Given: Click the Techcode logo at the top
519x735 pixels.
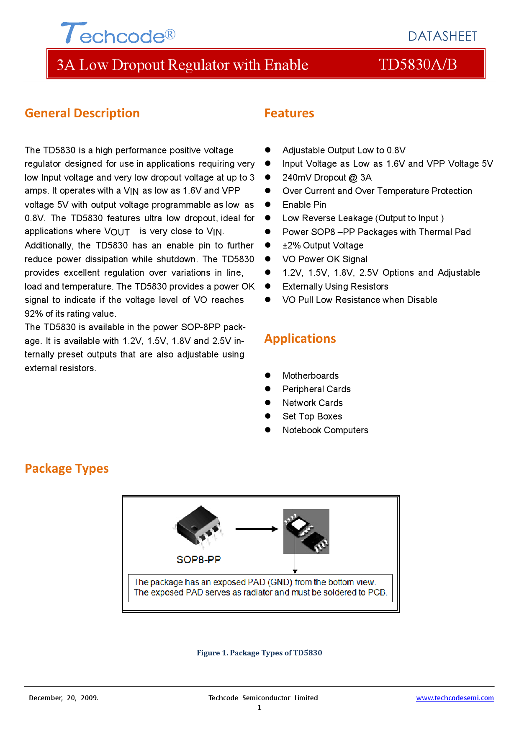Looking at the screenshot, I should pyautogui.click(x=118, y=34).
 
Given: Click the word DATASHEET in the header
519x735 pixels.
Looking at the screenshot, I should pyautogui.click(x=442, y=36).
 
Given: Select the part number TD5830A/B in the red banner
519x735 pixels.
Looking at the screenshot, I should pyautogui.click(x=417, y=65).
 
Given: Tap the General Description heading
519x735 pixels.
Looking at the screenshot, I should pyautogui.click(x=82, y=113).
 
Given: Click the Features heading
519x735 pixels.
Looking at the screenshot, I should pyautogui.click(x=289, y=113).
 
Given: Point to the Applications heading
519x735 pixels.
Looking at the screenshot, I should pyautogui.click(x=300, y=339).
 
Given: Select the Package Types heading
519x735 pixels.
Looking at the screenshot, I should pyautogui.click(x=67, y=468).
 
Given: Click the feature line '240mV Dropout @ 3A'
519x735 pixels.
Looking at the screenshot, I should pyautogui.click(x=326, y=178).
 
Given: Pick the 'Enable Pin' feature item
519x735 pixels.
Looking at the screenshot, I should pyautogui.click(x=304, y=205).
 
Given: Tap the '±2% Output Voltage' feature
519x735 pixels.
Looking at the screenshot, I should pyautogui.click(x=323, y=246).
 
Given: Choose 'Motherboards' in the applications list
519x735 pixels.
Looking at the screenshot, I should pyautogui.click(x=310, y=376).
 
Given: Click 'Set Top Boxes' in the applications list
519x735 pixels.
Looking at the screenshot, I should pyautogui.click(x=312, y=417).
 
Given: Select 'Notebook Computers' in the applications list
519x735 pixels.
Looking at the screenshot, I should pyautogui.click(x=325, y=430).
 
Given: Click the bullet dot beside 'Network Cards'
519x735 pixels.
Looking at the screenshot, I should pyautogui.click(x=268, y=403).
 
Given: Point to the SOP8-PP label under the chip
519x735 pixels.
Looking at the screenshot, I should pyautogui.click(x=198, y=560).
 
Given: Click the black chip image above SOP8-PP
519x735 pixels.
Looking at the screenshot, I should pyautogui.click(x=198, y=526).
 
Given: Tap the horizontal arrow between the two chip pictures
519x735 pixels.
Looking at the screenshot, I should pyautogui.click(x=256, y=529).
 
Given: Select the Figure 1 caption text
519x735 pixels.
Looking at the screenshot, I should pyautogui.click(x=259, y=653).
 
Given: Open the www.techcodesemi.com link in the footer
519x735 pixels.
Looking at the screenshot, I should pyautogui.click(x=455, y=698).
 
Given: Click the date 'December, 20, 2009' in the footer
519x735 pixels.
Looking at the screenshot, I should pyautogui.click(x=63, y=698).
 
